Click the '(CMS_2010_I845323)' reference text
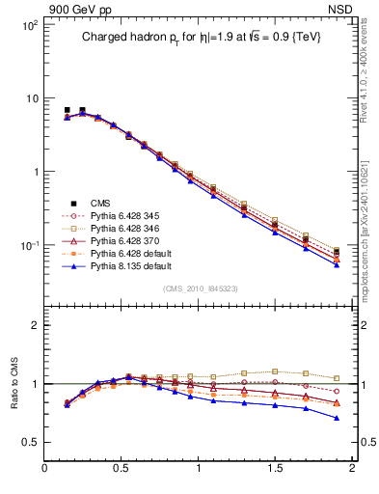point(199,289)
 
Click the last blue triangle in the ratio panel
point(337,418)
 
